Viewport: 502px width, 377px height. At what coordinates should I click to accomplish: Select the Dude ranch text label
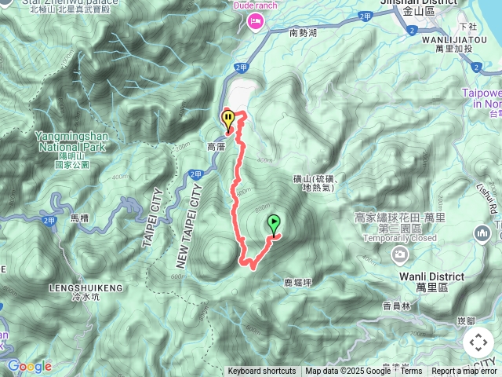(256, 6)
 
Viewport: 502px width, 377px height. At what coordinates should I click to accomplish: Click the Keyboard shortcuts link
(262, 372)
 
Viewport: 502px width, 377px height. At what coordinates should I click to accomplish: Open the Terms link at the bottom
(411, 372)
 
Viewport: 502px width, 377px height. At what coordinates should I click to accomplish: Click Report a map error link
(464, 372)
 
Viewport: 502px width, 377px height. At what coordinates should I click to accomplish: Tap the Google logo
(29, 366)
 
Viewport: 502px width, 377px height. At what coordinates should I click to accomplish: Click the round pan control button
(478, 342)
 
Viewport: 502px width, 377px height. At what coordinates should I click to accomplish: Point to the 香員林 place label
(375, 306)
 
